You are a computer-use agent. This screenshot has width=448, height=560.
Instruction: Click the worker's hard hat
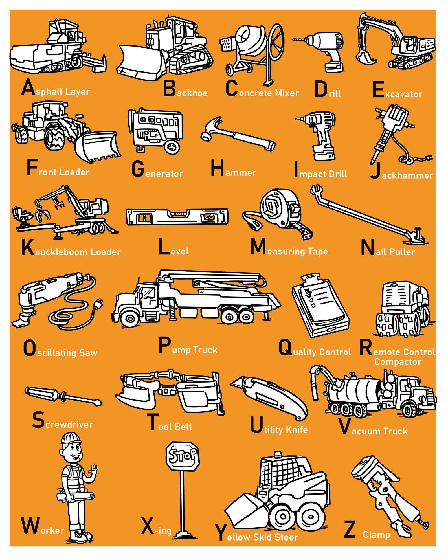tap(71, 438)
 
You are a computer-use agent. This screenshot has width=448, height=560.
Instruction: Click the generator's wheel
tap(172, 147)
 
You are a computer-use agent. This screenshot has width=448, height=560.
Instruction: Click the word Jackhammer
tap(407, 175)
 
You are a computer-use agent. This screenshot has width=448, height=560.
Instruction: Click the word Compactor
tap(398, 362)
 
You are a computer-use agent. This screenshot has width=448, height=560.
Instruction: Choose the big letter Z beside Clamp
tap(350, 530)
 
